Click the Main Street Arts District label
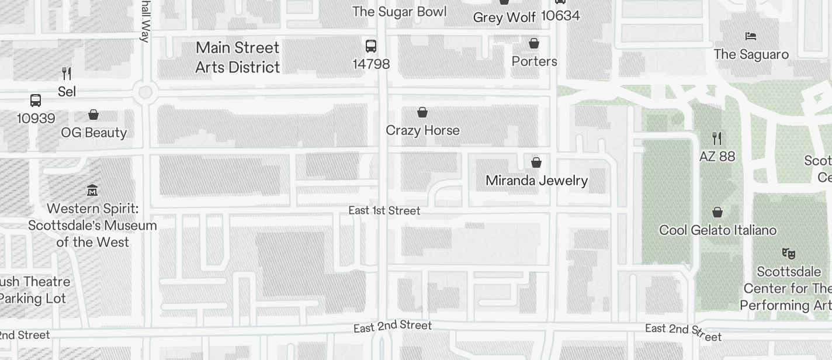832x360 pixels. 237,57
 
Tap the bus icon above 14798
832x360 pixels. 370,46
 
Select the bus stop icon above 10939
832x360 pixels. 36,101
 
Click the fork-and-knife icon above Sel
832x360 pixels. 67,74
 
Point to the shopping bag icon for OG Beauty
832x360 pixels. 93,115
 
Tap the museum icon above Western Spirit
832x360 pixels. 92,191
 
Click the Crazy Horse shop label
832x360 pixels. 422,130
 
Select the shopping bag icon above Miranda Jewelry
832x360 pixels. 536,162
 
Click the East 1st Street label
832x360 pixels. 384,210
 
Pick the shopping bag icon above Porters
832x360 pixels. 533,44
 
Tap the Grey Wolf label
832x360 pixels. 504,18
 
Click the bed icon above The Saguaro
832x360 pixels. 751,36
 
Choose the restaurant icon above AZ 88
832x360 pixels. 717,139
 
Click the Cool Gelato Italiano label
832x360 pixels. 717,230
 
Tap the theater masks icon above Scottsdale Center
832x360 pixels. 788,254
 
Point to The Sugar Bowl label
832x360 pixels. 400,12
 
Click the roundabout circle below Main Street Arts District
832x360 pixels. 145,92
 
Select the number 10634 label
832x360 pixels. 560,16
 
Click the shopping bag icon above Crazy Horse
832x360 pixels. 422,112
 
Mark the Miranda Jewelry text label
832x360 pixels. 536,181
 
